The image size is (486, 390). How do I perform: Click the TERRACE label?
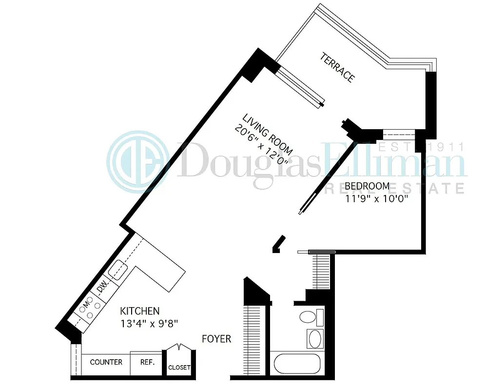[337, 67]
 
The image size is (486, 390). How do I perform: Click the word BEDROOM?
[367, 186]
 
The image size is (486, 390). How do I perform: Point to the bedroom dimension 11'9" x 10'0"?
[376, 198]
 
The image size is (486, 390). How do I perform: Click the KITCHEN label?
[140, 311]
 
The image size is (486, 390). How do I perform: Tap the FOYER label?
[216, 338]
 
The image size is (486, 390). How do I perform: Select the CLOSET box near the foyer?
[179, 367]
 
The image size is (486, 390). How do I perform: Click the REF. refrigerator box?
[147, 363]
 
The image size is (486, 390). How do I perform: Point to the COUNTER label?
[106, 362]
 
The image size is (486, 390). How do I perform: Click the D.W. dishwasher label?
[101, 289]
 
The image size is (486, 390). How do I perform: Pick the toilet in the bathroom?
[311, 317]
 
